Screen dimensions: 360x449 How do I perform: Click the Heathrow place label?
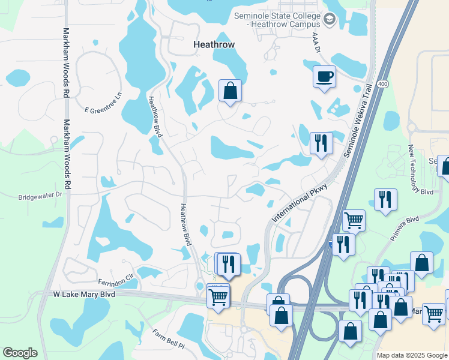click(213, 44)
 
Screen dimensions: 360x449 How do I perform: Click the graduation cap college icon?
click(330, 20)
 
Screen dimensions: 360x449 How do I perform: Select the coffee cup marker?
click(324, 77)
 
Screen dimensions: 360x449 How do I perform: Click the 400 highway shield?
click(383, 85)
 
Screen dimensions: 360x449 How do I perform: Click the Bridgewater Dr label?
click(40, 196)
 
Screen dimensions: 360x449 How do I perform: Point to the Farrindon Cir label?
click(116, 281)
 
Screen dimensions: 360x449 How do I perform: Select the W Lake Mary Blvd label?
click(83, 295)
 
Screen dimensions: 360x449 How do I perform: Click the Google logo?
click(20, 353)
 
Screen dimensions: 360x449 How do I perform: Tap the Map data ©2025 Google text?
click(411, 355)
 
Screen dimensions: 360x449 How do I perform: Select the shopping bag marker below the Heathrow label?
click(230, 91)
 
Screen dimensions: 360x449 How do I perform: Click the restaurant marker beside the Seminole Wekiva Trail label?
click(321, 143)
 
